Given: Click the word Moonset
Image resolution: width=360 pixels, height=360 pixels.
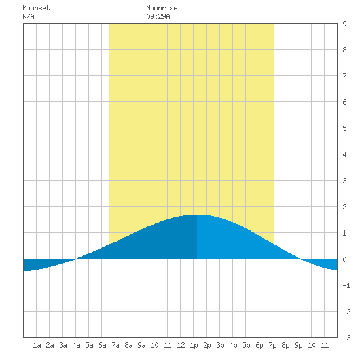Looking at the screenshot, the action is pyautogui.click(x=36, y=8).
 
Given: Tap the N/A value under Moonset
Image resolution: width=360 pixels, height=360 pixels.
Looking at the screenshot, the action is pyautogui.click(x=28, y=16).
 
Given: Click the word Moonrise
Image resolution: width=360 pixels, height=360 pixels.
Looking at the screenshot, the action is pyautogui.click(x=162, y=8).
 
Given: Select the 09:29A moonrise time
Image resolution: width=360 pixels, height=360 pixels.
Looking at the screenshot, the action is pyautogui.click(x=158, y=16).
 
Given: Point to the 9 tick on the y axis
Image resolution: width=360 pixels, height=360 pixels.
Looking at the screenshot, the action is pyautogui.click(x=344, y=24).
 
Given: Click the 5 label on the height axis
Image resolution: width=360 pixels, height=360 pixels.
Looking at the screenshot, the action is pyautogui.click(x=344, y=128).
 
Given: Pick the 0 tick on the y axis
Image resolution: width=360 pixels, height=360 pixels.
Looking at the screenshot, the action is pyautogui.click(x=344, y=259).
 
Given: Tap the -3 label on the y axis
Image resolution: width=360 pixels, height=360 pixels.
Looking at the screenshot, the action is pyautogui.click(x=346, y=338).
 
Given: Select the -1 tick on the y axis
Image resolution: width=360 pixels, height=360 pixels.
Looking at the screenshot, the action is pyautogui.click(x=346, y=285).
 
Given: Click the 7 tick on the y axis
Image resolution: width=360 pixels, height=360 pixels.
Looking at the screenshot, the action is pyautogui.click(x=344, y=76).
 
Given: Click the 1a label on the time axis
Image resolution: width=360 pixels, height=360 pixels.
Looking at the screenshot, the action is pyautogui.click(x=37, y=345).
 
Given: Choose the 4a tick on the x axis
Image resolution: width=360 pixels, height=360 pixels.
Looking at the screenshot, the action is pyautogui.click(x=76, y=345).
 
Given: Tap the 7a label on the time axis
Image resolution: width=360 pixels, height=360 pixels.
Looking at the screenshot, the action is pyautogui.click(x=115, y=345).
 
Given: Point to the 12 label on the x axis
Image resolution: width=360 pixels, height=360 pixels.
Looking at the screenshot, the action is pyautogui.click(x=181, y=345).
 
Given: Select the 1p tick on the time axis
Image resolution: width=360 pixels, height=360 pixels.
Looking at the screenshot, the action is pyautogui.click(x=194, y=345).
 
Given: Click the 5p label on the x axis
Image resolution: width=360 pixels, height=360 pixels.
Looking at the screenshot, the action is pyautogui.click(x=246, y=345).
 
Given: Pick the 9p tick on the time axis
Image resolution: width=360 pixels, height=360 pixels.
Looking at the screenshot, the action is pyautogui.click(x=298, y=345).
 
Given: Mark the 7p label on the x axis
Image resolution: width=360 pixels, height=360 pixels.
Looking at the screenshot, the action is pyautogui.click(x=272, y=345).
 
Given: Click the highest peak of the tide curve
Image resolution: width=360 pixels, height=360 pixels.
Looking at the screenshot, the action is pyautogui.click(x=197, y=215).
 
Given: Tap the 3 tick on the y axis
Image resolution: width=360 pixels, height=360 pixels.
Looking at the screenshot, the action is pyautogui.click(x=344, y=181).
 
